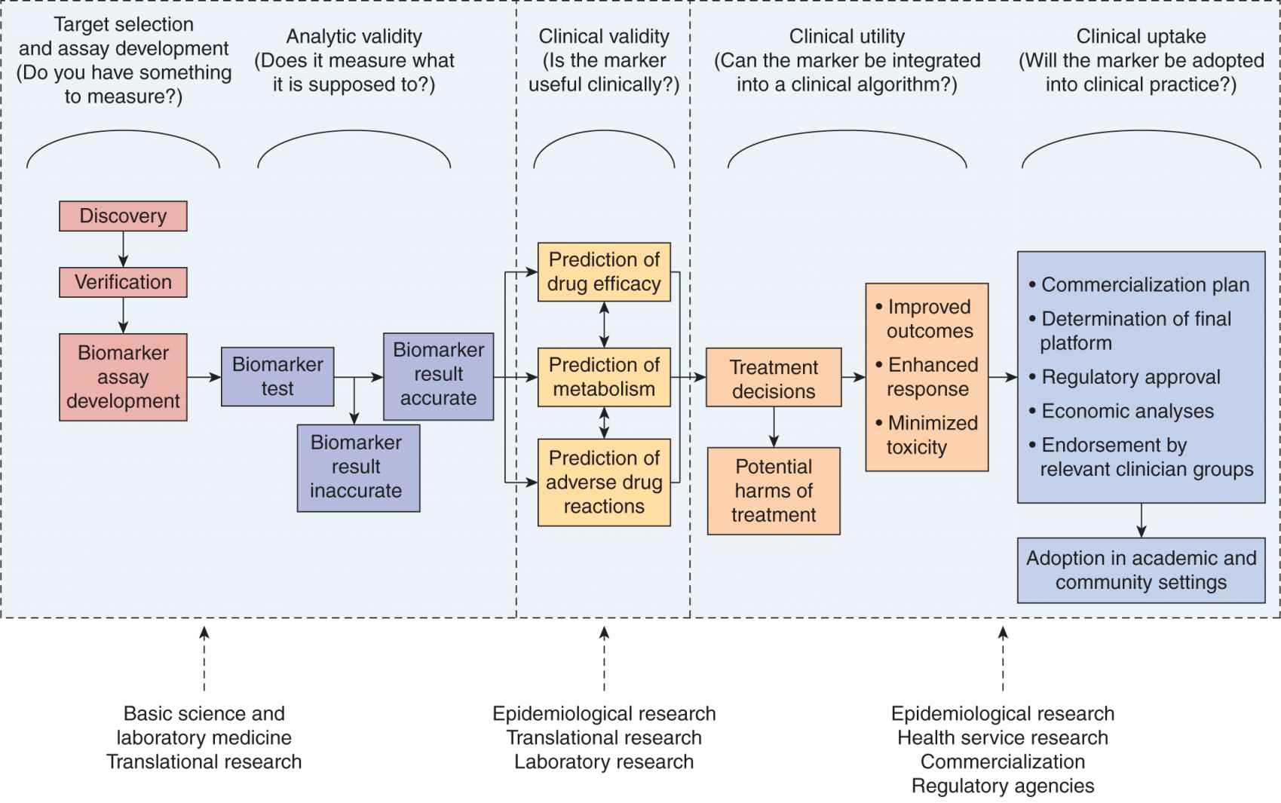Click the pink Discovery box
tap(123, 216)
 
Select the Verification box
tap(123, 283)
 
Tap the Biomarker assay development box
tap(123, 377)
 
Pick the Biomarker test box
tap(277, 376)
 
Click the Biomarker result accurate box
tap(438, 375)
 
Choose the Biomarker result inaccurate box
tap(357, 467)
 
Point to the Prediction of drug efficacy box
tap(604, 272)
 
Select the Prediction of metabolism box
tap(604, 377)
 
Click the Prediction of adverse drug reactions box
tap(604, 483)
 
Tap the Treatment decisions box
tap(774, 378)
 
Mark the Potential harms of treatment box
tap(774, 491)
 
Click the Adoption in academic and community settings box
tap(1141, 570)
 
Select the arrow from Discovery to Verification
tap(124, 249)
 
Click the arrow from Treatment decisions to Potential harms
tap(774, 427)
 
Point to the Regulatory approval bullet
tap(1130, 377)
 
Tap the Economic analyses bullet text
tap(1127, 411)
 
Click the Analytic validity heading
tap(354, 36)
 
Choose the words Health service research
tap(1003, 737)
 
